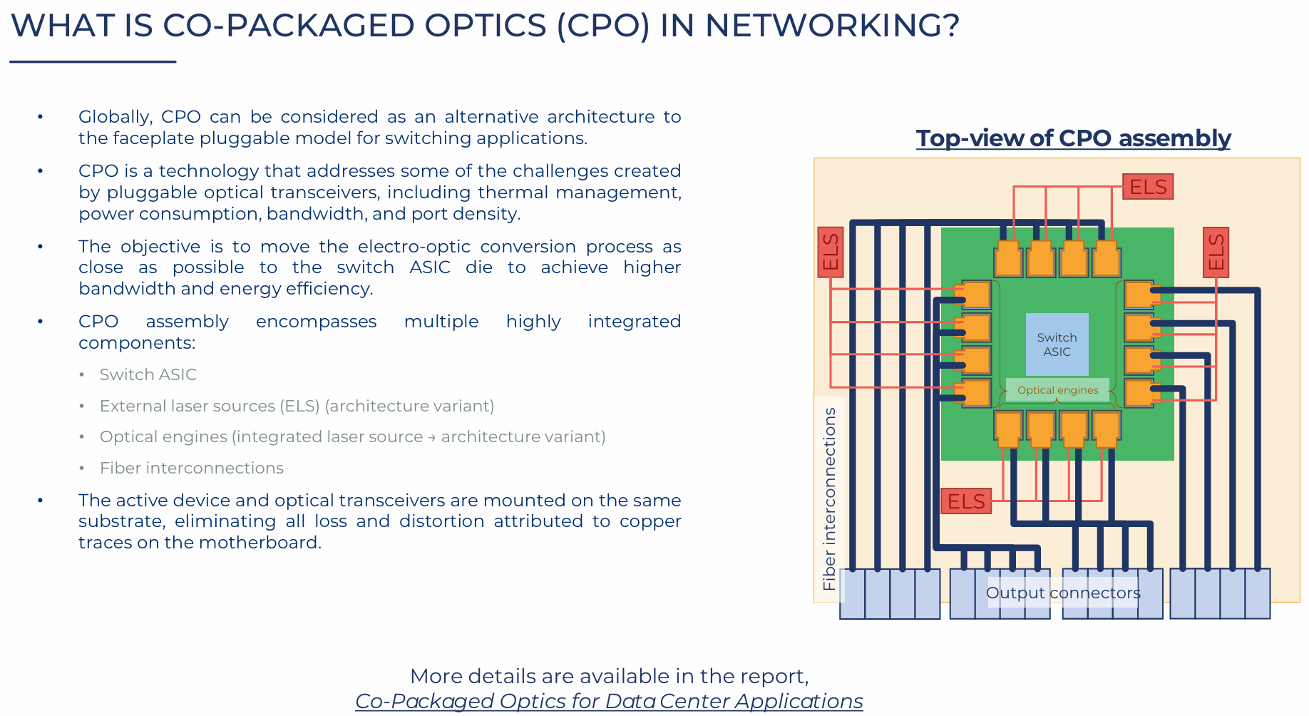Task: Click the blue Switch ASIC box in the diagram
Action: pyautogui.click(x=1057, y=344)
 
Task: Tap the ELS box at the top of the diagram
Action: pyautogui.click(x=1147, y=187)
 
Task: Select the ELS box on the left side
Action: pyautogui.click(x=830, y=252)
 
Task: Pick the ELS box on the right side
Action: pyautogui.click(x=1216, y=252)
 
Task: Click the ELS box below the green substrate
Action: pyautogui.click(x=965, y=501)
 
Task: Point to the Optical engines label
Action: pyautogui.click(x=1057, y=390)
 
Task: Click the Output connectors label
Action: pyautogui.click(x=1062, y=593)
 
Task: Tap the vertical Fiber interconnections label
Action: pyautogui.click(x=829, y=498)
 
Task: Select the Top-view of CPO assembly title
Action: pyautogui.click(x=1073, y=138)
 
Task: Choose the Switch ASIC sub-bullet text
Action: pyautogui.click(x=148, y=374)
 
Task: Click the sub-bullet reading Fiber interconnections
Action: pyautogui.click(x=191, y=468)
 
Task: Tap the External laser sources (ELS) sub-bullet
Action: pyautogui.click(x=297, y=406)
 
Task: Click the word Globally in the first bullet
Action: pyautogui.click(x=115, y=117)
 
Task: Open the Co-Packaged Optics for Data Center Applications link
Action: pyautogui.click(x=609, y=701)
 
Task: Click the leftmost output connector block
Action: pyautogui.click(x=890, y=593)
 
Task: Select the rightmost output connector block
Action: pyautogui.click(x=1220, y=593)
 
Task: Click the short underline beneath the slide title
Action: pyautogui.click(x=93, y=62)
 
